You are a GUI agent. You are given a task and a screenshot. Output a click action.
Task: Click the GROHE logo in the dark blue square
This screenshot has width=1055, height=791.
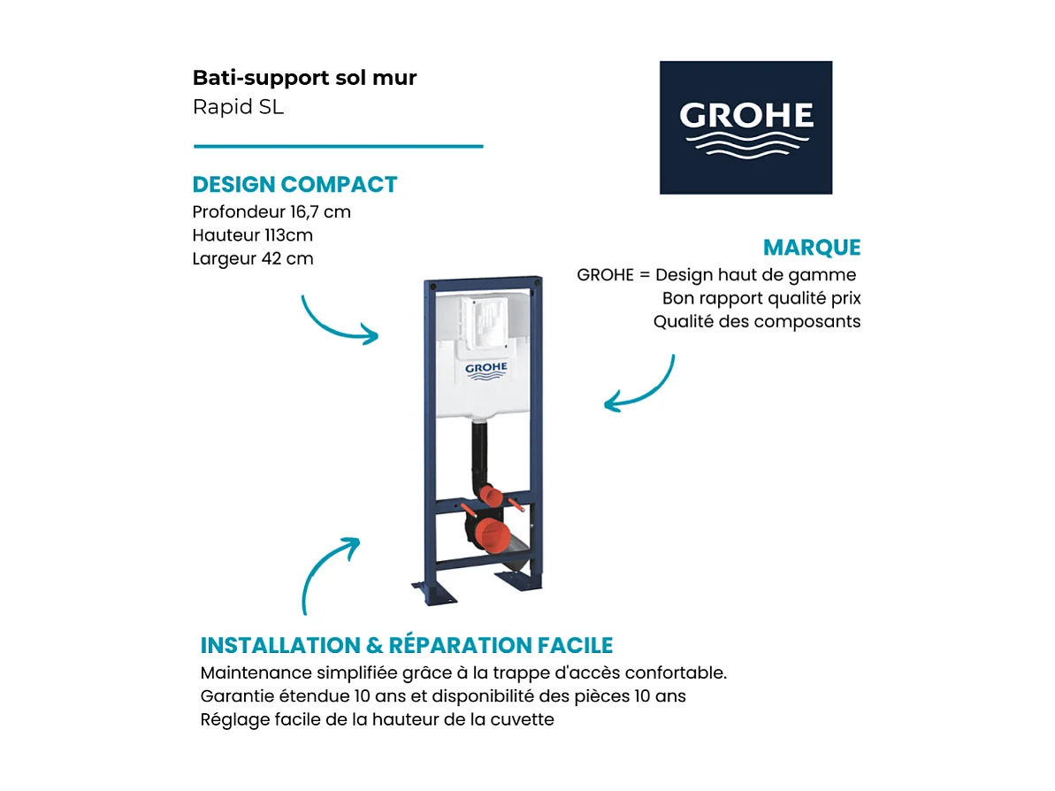click(x=745, y=127)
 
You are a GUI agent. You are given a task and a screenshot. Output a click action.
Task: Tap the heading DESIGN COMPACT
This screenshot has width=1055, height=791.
click(x=294, y=185)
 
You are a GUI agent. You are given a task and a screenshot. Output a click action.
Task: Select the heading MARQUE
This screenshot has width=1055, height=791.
click(x=811, y=248)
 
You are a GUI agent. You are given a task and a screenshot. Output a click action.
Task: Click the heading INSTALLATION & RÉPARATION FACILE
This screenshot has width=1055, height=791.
click(x=406, y=645)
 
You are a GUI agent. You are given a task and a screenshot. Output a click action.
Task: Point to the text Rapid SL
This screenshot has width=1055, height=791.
click(x=238, y=108)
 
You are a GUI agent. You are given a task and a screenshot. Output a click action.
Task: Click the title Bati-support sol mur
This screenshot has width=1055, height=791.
click(x=304, y=78)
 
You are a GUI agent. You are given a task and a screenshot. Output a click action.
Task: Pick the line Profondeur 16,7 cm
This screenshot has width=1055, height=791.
click(x=271, y=212)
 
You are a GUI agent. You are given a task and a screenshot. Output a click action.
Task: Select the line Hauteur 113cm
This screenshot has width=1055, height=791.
click(x=252, y=235)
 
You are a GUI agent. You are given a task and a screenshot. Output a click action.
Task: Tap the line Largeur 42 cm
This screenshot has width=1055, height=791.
click(x=252, y=258)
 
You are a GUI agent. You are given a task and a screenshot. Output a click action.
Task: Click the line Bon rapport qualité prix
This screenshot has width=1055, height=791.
click(x=761, y=298)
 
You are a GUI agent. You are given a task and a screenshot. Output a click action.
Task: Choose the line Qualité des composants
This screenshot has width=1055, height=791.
click(x=756, y=321)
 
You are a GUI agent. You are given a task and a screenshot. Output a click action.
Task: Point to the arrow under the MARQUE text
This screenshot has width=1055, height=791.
click(x=640, y=385)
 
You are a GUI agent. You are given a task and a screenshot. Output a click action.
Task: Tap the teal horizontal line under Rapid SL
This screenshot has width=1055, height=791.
click(x=338, y=146)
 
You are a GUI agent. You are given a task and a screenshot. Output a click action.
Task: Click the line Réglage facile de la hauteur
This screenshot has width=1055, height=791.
click(x=377, y=719)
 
